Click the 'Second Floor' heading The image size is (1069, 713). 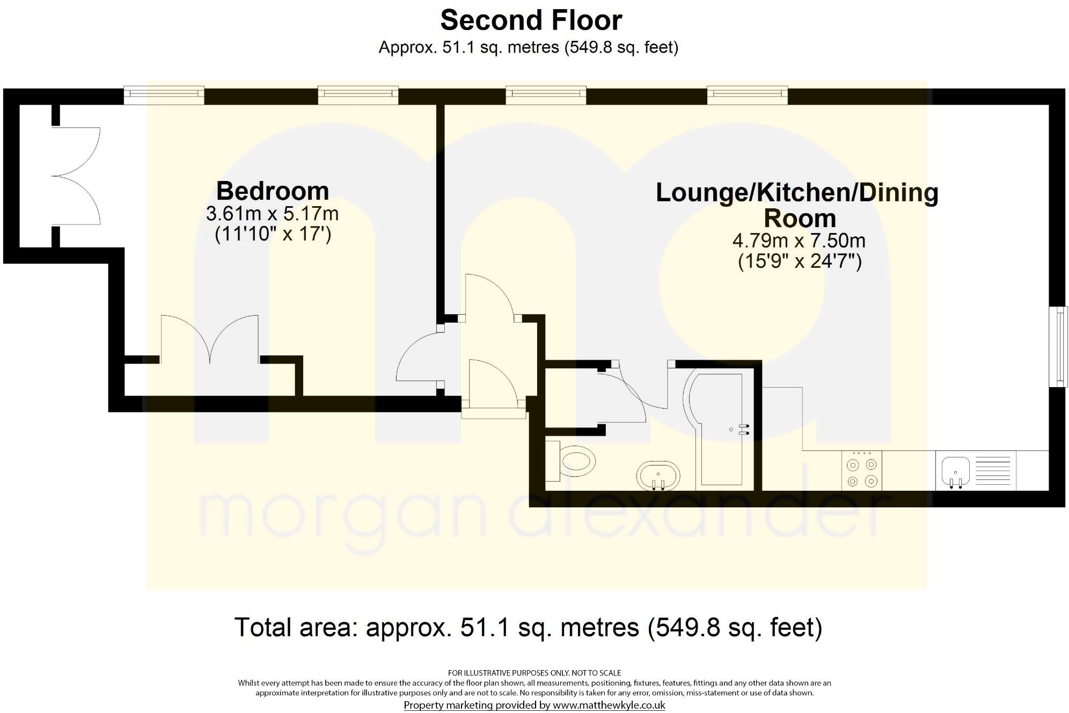coord(531,21)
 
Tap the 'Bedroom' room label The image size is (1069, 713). coord(273,191)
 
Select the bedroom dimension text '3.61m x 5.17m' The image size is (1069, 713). coord(273,214)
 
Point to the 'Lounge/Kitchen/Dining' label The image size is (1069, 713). coord(797,193)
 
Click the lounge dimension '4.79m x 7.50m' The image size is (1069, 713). coord(799,240)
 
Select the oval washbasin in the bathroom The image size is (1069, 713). coord(658,476)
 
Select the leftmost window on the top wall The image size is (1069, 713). coord(164,96)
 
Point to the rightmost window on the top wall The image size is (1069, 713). coord(747,96)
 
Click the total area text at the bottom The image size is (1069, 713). coord(529,627)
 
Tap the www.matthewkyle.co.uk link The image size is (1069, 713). coord(609,705)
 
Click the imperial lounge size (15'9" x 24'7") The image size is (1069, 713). coord(800,261)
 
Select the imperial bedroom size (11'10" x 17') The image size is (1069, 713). coord(273,235)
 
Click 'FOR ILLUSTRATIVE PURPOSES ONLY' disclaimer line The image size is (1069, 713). coord(534,673)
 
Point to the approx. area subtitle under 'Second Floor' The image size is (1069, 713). coord(529,48)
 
